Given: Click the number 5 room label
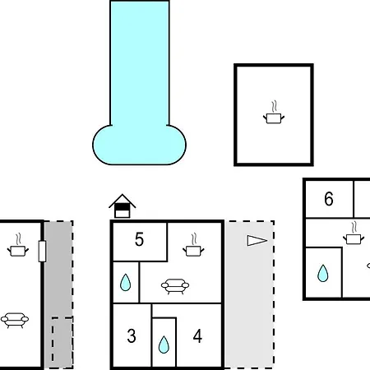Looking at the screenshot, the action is pos(139,239).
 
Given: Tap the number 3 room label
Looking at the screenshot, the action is pos(132,336).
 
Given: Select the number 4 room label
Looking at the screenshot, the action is pos(197,336).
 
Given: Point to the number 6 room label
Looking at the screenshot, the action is pos(329,199).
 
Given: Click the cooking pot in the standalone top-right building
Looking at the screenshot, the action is pos(274,113).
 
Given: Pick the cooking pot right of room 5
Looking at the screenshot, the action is pos(193,245).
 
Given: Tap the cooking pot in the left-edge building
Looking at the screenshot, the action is pos(18,245).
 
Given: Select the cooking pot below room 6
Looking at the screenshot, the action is pos(354,233).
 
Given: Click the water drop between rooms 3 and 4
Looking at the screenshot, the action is pos(164,345).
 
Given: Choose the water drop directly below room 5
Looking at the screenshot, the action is pos(126,282).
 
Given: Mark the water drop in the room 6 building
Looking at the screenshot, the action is pos(323,273).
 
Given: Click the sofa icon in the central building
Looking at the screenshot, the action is pos(175,286).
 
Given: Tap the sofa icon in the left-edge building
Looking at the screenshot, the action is pos(15,321).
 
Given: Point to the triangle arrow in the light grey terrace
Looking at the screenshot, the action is pos(257,241).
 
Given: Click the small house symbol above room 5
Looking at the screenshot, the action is pos(123,206).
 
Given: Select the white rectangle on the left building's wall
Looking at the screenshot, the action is pos(42,251).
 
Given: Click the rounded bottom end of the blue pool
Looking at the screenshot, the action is pos(139,145).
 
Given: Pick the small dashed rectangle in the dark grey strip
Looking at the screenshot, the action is pos(62,343).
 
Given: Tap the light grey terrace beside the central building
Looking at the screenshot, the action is pos(249,294).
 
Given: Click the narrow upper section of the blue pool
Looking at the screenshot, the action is pos(140,63).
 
